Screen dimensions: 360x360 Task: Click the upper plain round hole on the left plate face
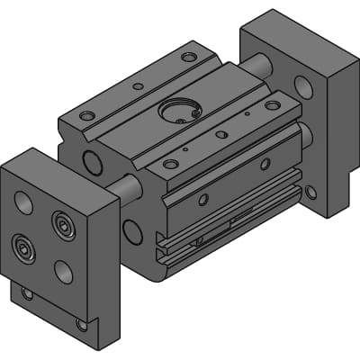(x=24, y=202)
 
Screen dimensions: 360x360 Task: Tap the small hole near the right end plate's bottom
(x=311, y=192)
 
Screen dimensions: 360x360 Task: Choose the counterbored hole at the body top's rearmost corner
(x=188, y=57)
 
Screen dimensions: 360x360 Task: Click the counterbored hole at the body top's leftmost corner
(x=86, y=116)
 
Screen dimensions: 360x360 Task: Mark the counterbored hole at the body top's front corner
(x=169, y=165)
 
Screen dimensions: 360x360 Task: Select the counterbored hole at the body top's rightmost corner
(x=271, y=105)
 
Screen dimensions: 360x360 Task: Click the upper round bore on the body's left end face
(x=92, y=162)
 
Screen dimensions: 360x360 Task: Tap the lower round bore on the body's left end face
(x=132, y=231)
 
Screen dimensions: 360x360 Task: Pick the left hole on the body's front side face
(x=204, y=199)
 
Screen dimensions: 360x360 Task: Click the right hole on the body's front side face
(x=265, y=164)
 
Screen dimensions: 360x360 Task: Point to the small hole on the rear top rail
(x=137, y=86)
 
